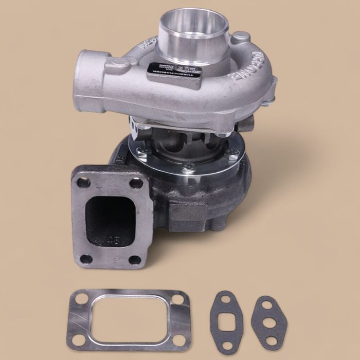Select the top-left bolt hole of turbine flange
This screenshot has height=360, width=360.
83,182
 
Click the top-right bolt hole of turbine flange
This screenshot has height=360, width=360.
136,183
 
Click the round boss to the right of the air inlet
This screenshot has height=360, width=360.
241,38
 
